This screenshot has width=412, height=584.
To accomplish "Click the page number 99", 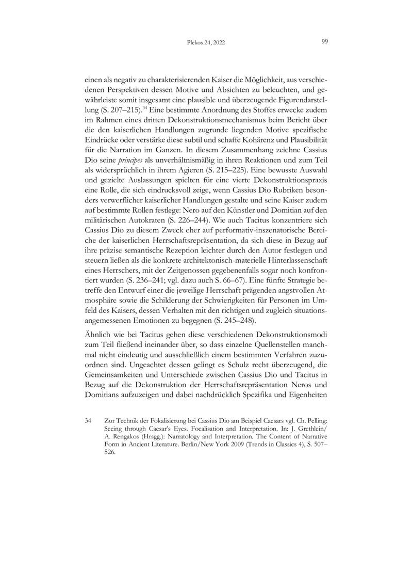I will pyautogui.click(x=325, y=42).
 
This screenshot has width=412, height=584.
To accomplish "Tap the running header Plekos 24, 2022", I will pyautogui.click(x=205, y=43).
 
